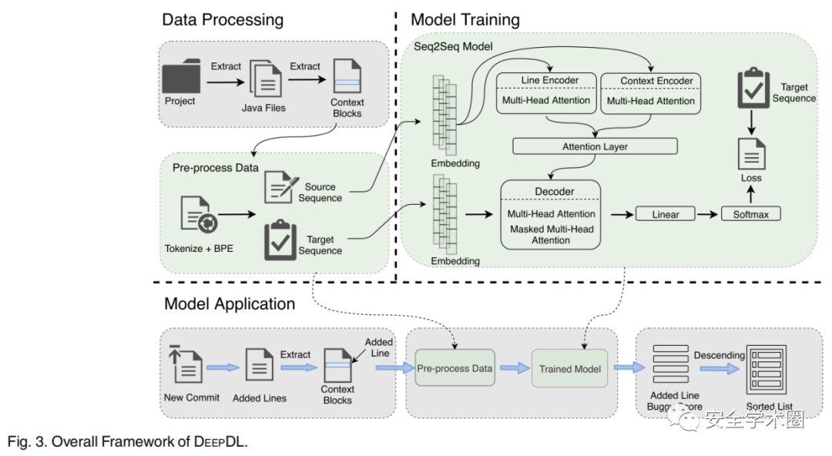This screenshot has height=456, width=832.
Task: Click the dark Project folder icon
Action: coord(182,79)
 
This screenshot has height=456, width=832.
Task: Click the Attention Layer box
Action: coord(595,146)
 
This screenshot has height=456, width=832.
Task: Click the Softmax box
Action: coord(750,213)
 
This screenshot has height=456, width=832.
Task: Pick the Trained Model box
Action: coord(570,369)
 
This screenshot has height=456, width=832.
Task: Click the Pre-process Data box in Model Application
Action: coord(455,368)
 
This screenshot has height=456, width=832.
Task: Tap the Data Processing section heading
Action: coord(222,20)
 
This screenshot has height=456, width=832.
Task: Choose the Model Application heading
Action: coord(230,304)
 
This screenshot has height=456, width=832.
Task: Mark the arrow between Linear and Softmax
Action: coord(707,213)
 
